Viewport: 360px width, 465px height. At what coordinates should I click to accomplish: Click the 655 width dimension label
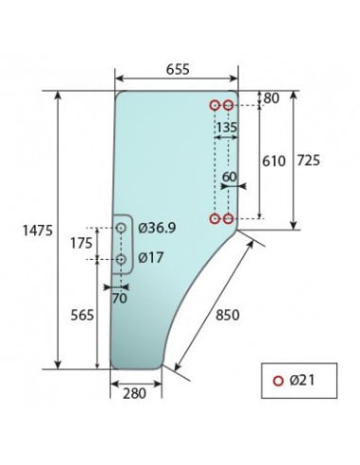(x=175, y=68)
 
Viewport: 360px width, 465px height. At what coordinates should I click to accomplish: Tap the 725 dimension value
(x=308, y=161)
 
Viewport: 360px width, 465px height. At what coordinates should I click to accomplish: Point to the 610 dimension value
(x=273, y=161)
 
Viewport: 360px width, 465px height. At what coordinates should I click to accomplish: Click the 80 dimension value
(x=272, y=97)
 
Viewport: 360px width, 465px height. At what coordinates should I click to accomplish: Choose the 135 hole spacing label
(x=227, y=126)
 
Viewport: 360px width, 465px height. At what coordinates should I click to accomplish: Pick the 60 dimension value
(x=230, y=177)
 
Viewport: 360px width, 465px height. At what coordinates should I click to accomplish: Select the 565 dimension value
(x=83, y=316)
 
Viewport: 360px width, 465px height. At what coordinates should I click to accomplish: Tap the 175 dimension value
(x=83, y=244)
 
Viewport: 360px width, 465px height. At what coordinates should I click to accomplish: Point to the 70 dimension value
(x=119, y=299)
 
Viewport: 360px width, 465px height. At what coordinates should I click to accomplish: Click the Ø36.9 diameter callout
(x=158, y=228)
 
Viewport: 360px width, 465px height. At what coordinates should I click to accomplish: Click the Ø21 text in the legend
(x=302, y=380)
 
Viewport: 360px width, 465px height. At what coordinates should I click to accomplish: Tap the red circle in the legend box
(x=278, y=381)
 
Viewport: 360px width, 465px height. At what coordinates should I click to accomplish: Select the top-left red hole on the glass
(x=215, y=105)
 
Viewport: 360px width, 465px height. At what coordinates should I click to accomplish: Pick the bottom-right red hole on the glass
(x=229, y=218)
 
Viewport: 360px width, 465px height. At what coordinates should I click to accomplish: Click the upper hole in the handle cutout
(x=122, y=228)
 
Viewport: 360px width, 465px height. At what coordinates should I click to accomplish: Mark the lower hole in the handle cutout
(x=122, y=258)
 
